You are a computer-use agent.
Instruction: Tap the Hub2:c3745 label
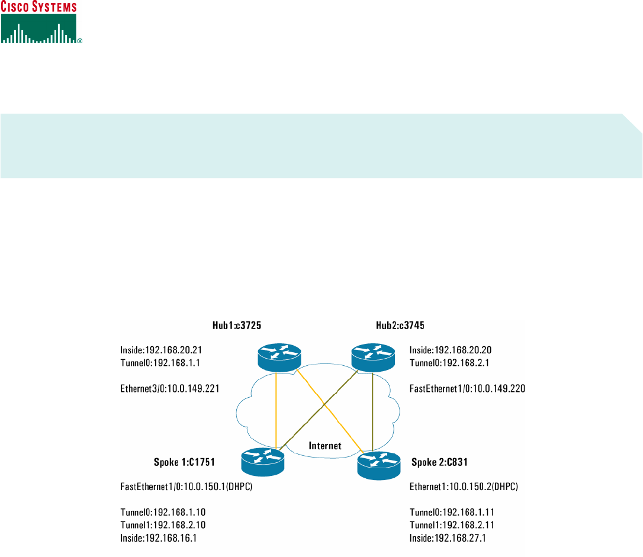click(400, 325)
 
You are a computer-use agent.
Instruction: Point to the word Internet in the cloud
click(325, 446)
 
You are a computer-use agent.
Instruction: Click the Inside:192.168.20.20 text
click(451, 350)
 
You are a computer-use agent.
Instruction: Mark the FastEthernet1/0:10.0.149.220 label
click(467, 389)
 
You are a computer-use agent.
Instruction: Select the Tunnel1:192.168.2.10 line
click(162, 525)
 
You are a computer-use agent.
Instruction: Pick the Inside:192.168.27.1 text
click(451, 537)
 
